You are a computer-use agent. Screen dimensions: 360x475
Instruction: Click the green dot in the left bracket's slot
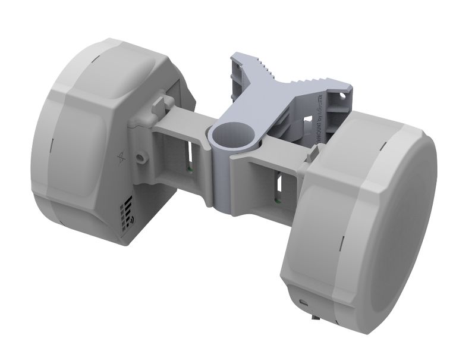(188, 168)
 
